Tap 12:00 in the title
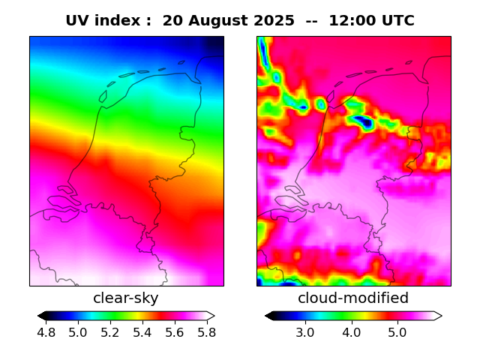(x=348, y=21)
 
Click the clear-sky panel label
(x=126, y=298)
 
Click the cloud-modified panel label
(x=353, y=298)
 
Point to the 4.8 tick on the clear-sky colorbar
(x=46, y=332)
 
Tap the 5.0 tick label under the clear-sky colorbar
(x=78, y=332)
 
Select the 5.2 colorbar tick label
(x=110, y=332)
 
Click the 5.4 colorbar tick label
(x=142, y=332)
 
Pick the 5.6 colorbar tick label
(x=174, y=332)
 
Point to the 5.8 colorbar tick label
(x=206, y=332)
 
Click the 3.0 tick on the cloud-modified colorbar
(x=304, y=332)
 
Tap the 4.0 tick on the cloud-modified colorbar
(x=351, y=332)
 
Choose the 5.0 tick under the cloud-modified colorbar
(x=397, y=332)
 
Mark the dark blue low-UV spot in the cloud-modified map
(x=365, y=121)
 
